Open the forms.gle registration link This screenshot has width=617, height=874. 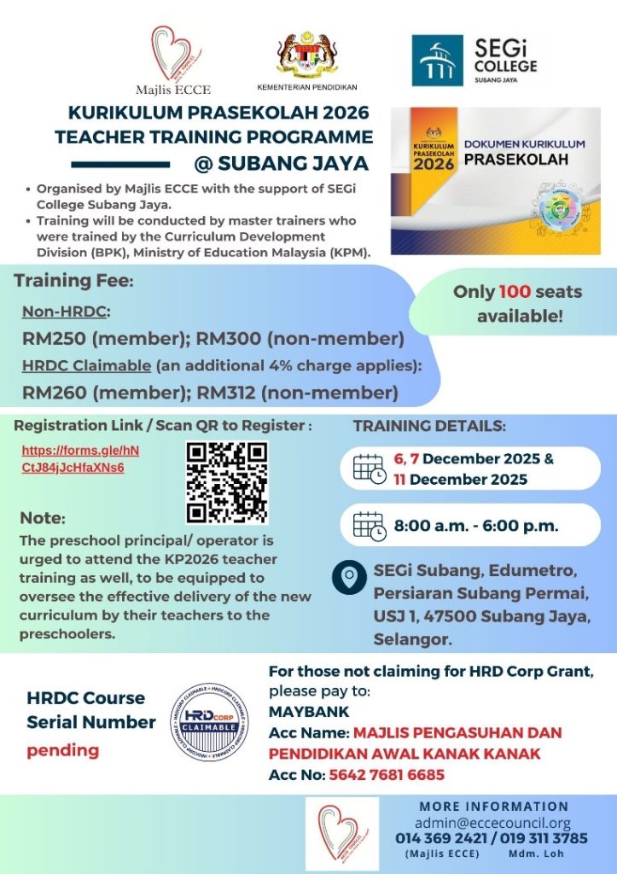click(x=79, y=458)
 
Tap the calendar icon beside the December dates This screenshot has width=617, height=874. click(x=370, y=469)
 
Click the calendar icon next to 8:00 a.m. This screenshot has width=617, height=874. click(x=370, y=526)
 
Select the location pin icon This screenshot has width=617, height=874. click(x=348, y=579)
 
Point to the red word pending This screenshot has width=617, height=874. click(x=62, y=751)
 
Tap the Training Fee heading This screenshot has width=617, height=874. click(x=74, y=281)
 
